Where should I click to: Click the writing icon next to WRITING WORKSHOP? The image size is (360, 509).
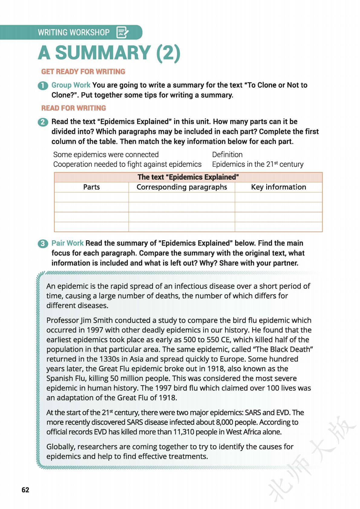(123, 32)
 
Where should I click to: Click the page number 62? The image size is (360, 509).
(25, 490)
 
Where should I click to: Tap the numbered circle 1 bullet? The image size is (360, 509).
(43, 86)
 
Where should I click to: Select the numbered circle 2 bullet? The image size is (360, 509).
(43, 122)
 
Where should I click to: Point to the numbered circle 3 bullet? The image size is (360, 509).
(43, 244)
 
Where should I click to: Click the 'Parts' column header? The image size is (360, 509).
(91, 187)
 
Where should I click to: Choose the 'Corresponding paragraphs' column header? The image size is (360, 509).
(182, 187)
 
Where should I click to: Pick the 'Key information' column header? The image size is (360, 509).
(278, 187)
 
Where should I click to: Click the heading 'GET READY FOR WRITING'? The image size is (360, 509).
(83, 72)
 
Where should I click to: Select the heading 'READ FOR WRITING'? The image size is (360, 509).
(74, 108)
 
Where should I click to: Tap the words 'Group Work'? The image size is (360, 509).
(71, 85)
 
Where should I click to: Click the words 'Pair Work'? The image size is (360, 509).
(67, 243)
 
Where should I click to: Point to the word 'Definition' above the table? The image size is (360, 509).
(227, 155)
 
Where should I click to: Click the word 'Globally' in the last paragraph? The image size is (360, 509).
(60, 447)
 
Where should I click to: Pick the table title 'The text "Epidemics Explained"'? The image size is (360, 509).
(188, 177)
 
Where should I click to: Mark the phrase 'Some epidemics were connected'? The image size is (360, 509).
(106, 155)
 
